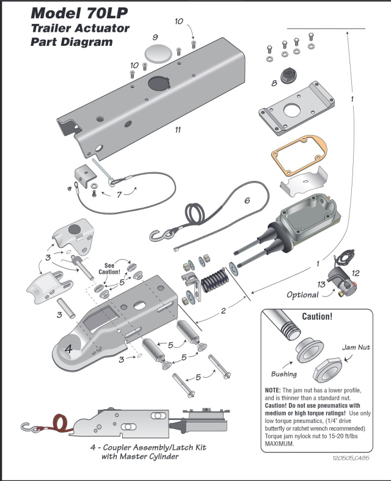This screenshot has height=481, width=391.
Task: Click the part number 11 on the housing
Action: tap(177, 130)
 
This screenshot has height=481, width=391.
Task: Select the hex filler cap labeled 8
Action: tap(287, 76)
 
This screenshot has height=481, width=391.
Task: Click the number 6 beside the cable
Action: tap(247, 200)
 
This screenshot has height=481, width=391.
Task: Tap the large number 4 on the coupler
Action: tap(68, 350)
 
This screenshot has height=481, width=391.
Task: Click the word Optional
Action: tap(302, 295)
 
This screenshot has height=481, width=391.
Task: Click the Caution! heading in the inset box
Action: tap(318, 317)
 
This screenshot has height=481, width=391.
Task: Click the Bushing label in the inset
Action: tap(283, 374)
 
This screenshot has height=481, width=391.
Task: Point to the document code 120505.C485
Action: tap(351, 457)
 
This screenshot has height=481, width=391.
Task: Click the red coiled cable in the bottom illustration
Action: tap(60, 422)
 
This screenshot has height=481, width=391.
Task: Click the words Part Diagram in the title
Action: tap(71, 42)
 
